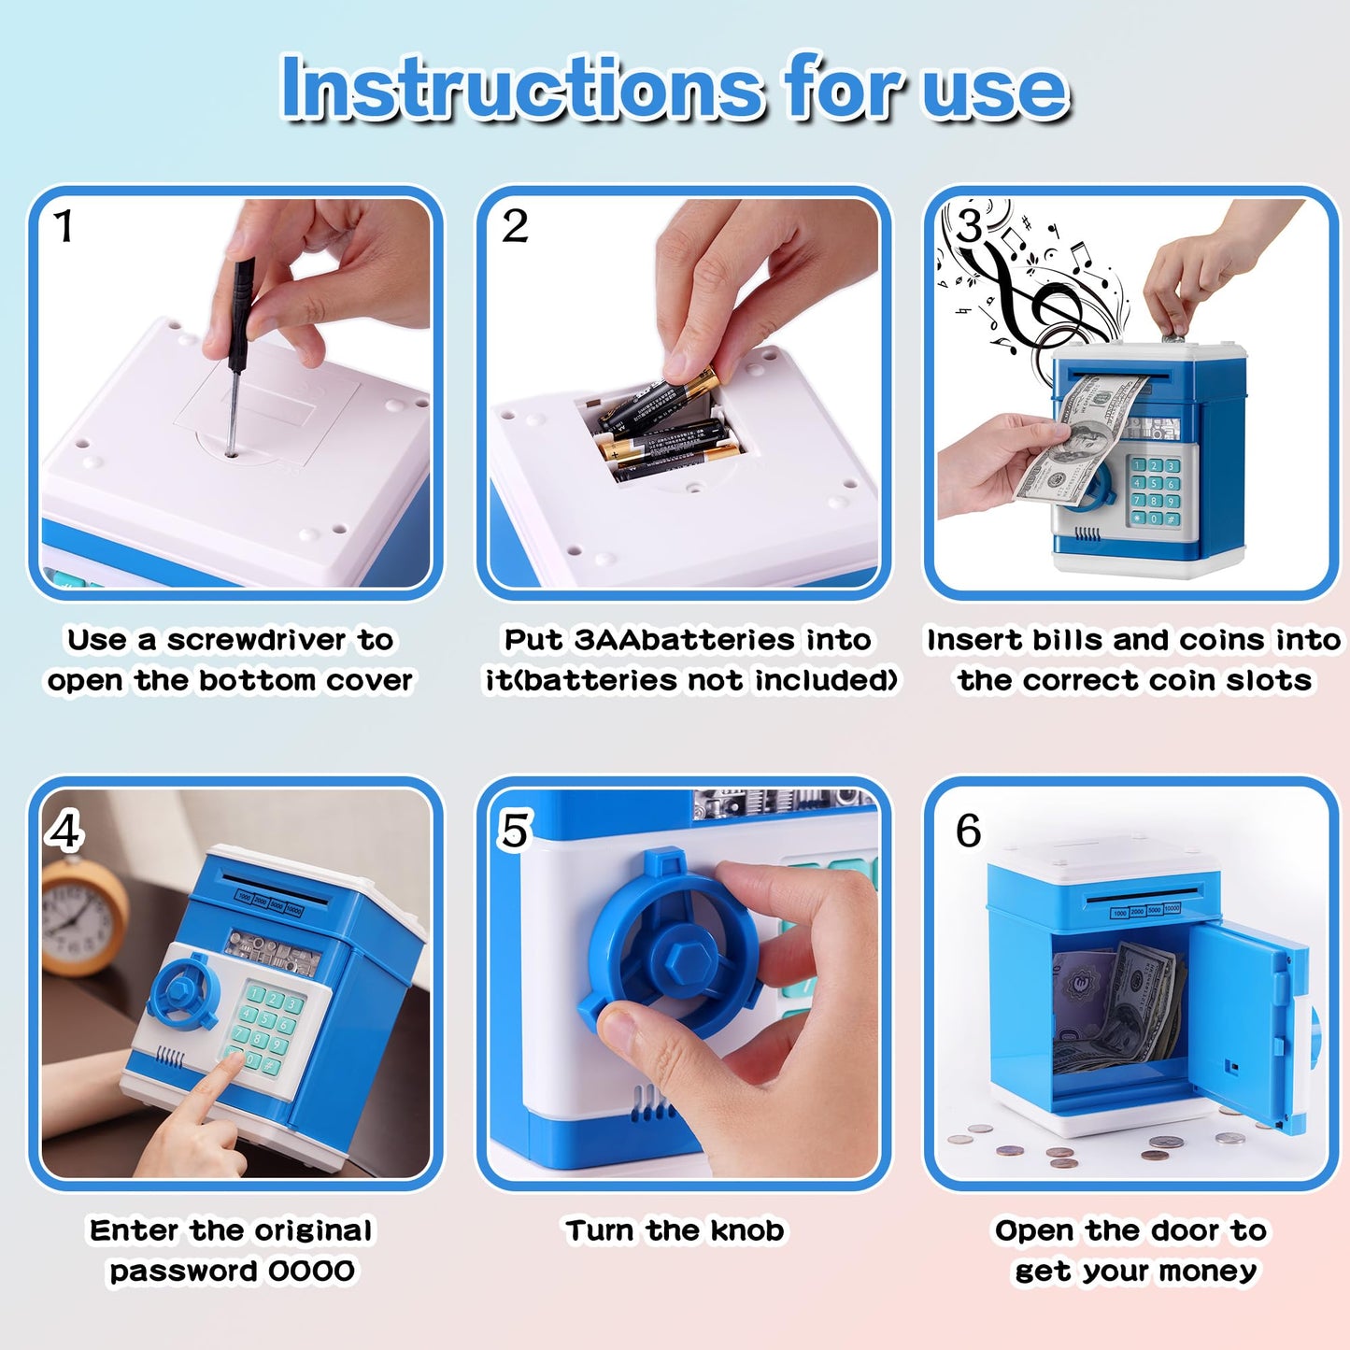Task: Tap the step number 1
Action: click(x=64, y=227)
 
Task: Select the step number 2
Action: click(x=515, y=226)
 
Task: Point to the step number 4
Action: click(x=65, y=832)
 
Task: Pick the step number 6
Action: click(x=968, y=831)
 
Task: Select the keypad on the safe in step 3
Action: click(x=1154, y=491)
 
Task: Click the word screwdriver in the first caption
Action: click(x=256, y=640)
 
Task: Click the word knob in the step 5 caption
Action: click(x=747, y=1230)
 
